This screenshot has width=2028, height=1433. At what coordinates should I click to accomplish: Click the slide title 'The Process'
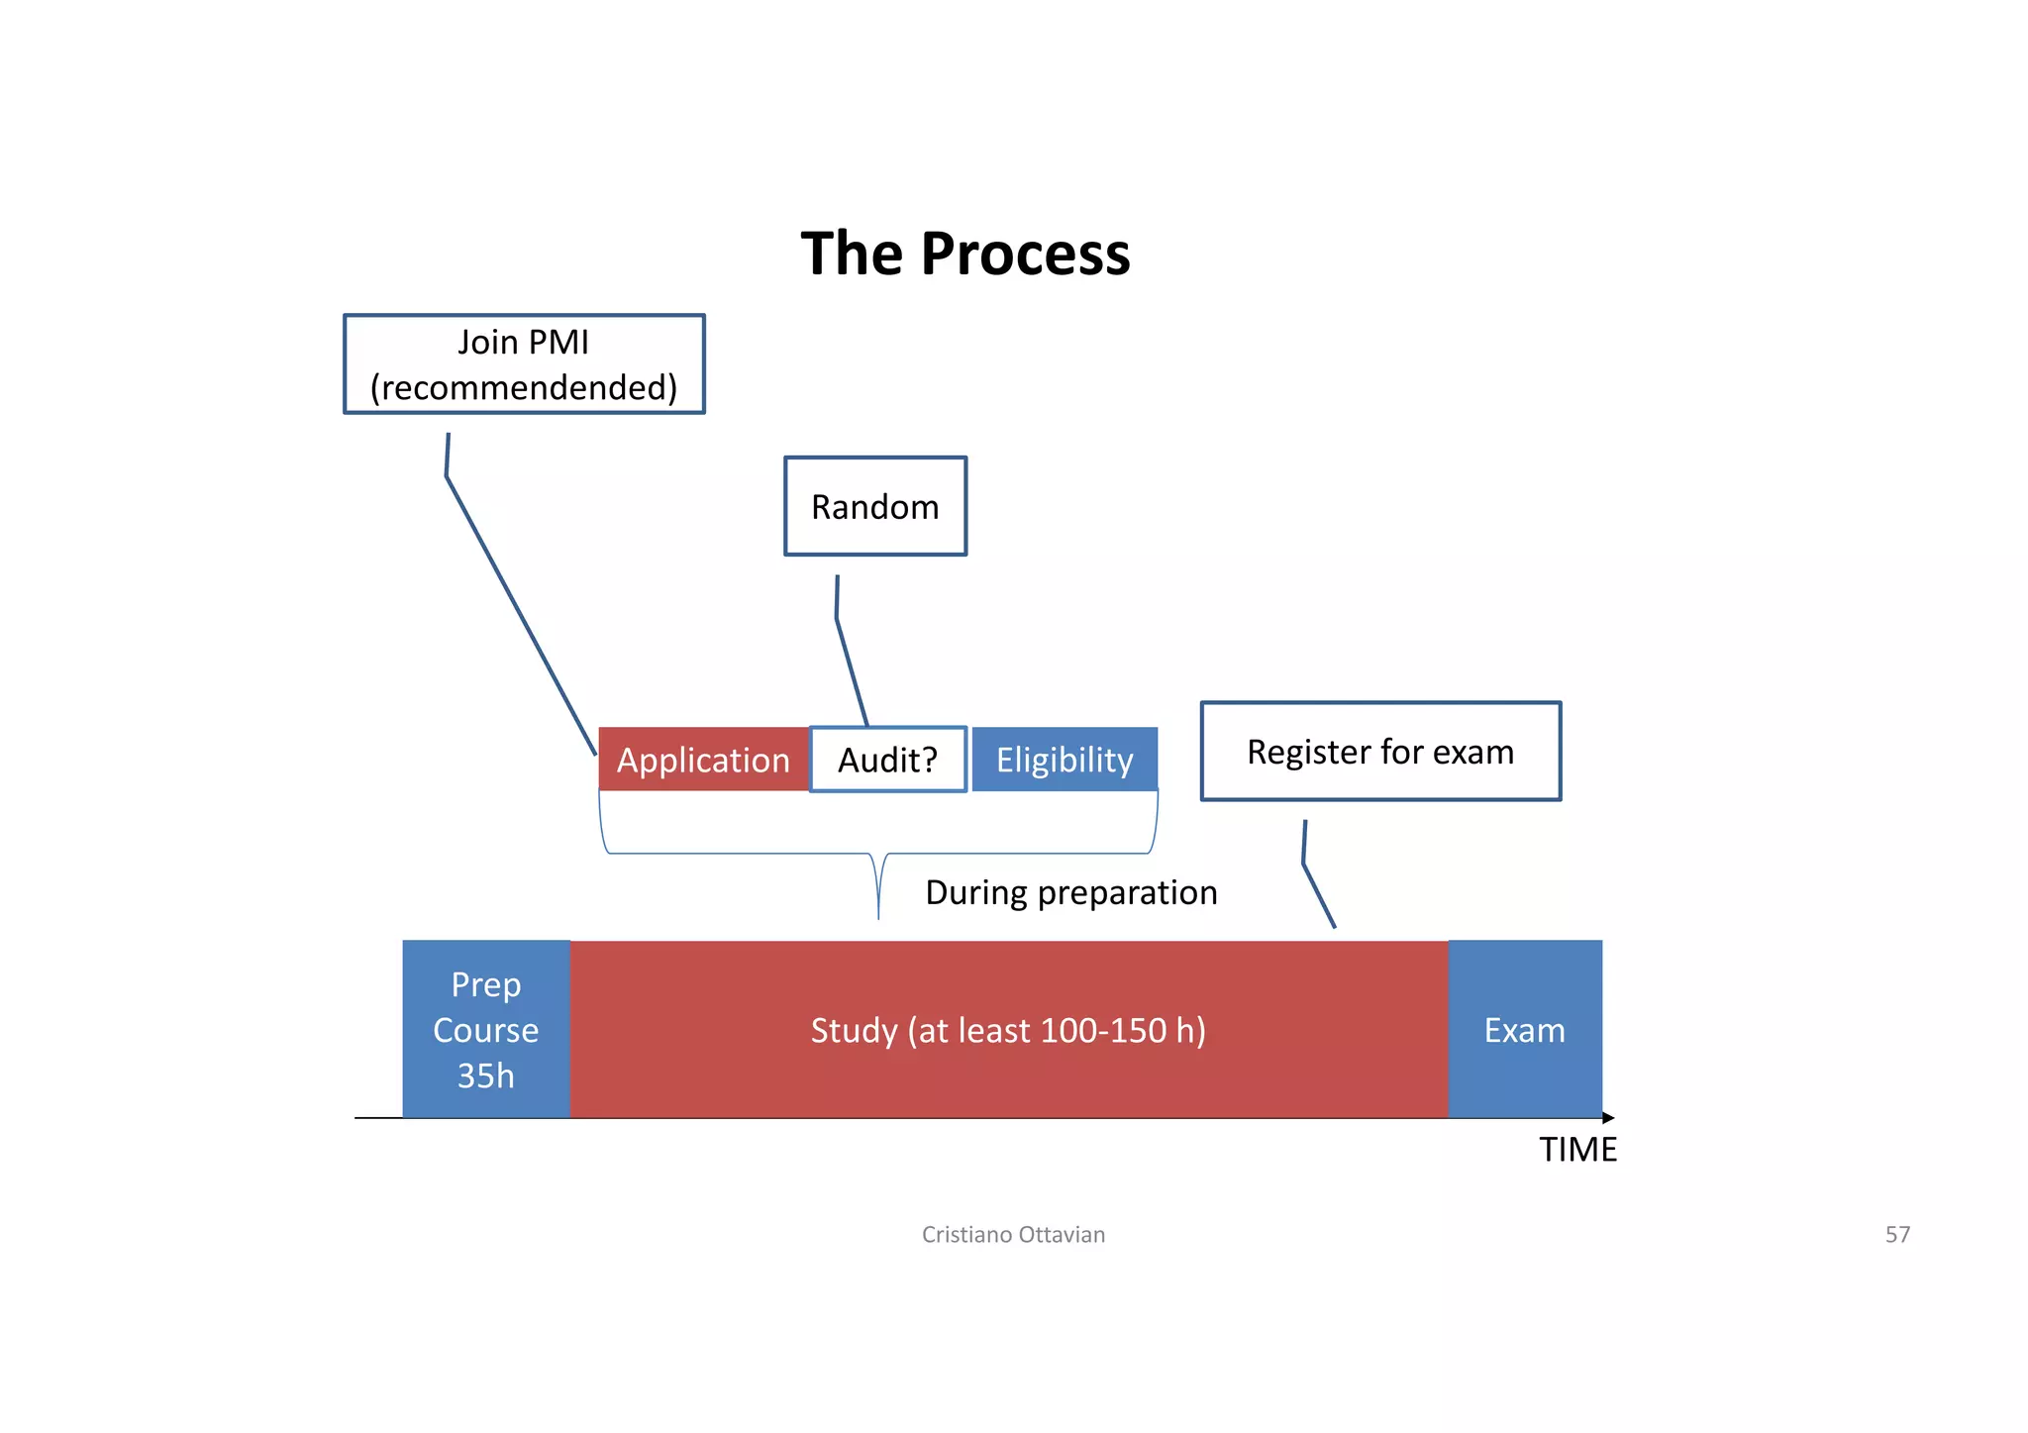(x=964, y=254)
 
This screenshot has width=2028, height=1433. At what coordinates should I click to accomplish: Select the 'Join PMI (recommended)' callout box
(x=524, y=364)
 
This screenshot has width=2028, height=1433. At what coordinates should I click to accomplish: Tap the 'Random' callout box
(x=874, y=506)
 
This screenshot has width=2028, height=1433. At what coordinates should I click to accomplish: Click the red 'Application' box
(x=703, y=760)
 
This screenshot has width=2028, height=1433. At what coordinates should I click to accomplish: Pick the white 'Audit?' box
(x=887, y=760)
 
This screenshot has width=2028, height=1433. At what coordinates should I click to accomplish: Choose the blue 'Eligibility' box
(x=1065, y=760)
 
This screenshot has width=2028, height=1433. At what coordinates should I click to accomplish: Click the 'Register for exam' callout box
(x=1379, y=752)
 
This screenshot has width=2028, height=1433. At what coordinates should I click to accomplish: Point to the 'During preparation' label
(x=1070, y=892)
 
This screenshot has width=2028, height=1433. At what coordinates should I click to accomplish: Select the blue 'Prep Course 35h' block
(x=486, y=1029)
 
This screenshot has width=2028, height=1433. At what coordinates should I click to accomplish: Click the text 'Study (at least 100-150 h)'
(x=1008, y=1030)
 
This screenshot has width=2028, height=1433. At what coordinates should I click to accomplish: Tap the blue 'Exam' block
(x=1524, y=1030)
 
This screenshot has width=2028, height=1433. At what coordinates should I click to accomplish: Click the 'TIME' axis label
(x=1577, y=1150)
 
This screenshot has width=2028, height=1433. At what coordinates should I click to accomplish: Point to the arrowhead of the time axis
(x=1608, y=1118)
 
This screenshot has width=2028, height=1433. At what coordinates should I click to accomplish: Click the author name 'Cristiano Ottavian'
(x=1013, y=1234)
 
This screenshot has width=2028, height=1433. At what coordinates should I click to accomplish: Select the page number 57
(x=1896, y=1234)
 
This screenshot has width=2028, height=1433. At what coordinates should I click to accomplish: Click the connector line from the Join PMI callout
(x=520, y=614)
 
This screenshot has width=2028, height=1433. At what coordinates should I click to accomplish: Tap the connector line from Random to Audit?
(x=851, y=668)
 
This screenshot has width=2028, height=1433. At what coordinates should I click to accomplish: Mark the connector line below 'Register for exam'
(x=1318, y=894)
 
